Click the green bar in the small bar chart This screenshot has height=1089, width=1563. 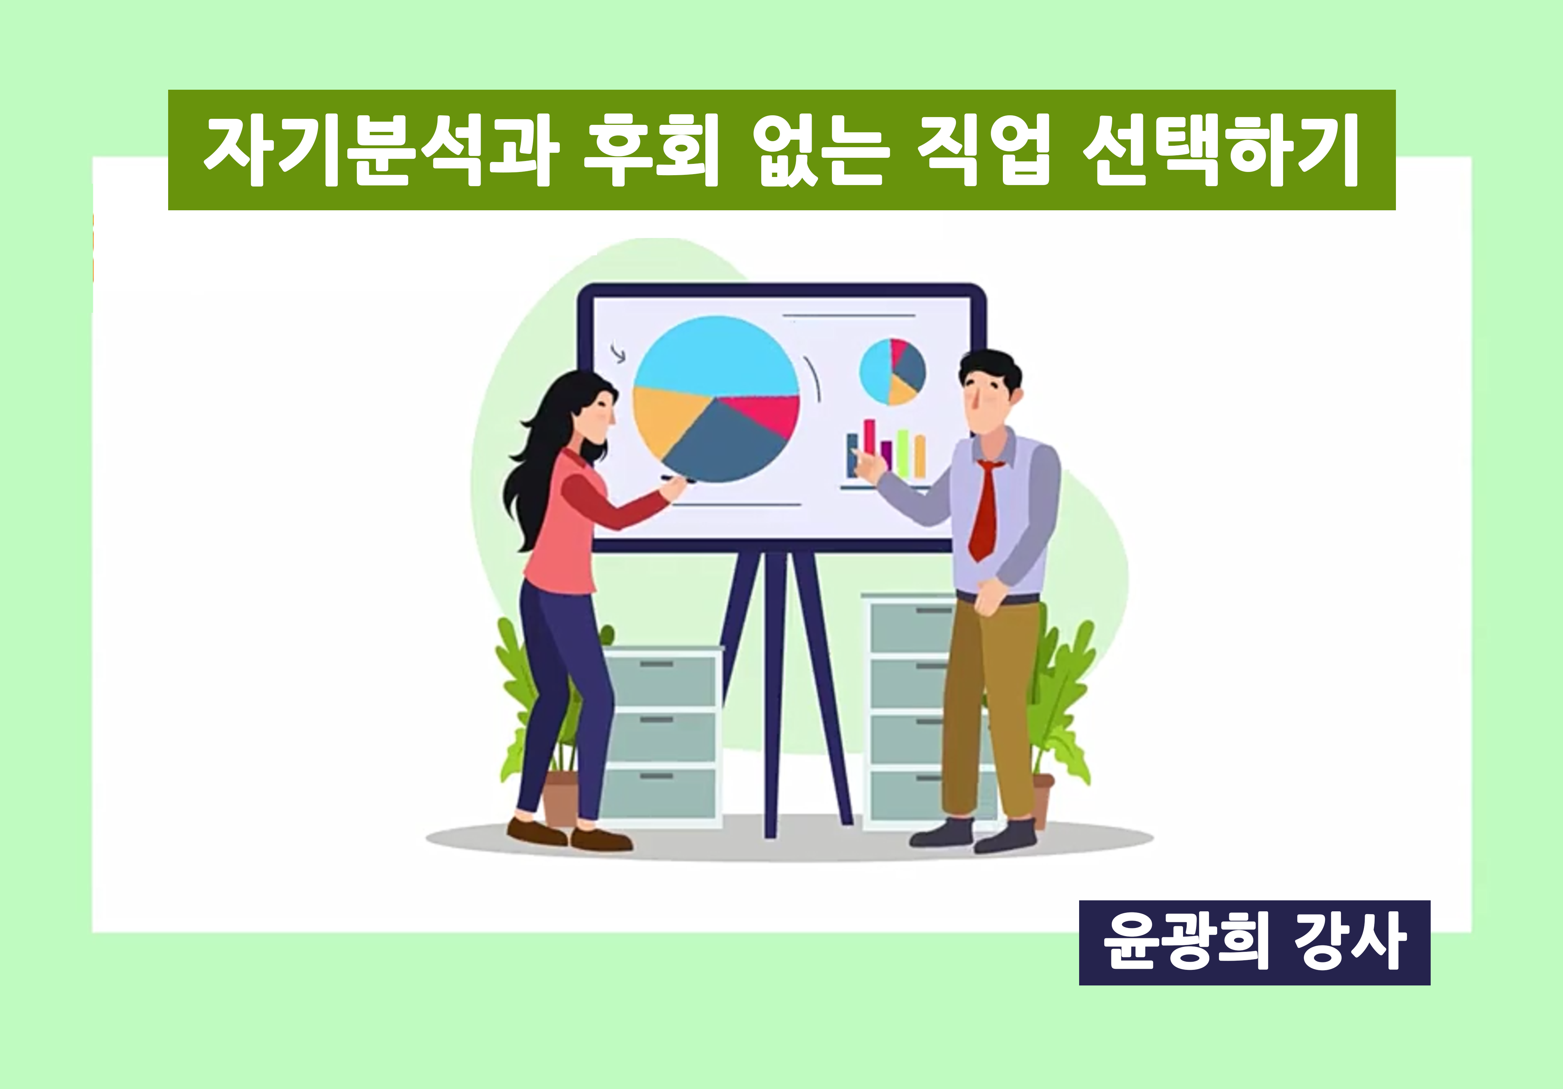pos(903,452)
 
